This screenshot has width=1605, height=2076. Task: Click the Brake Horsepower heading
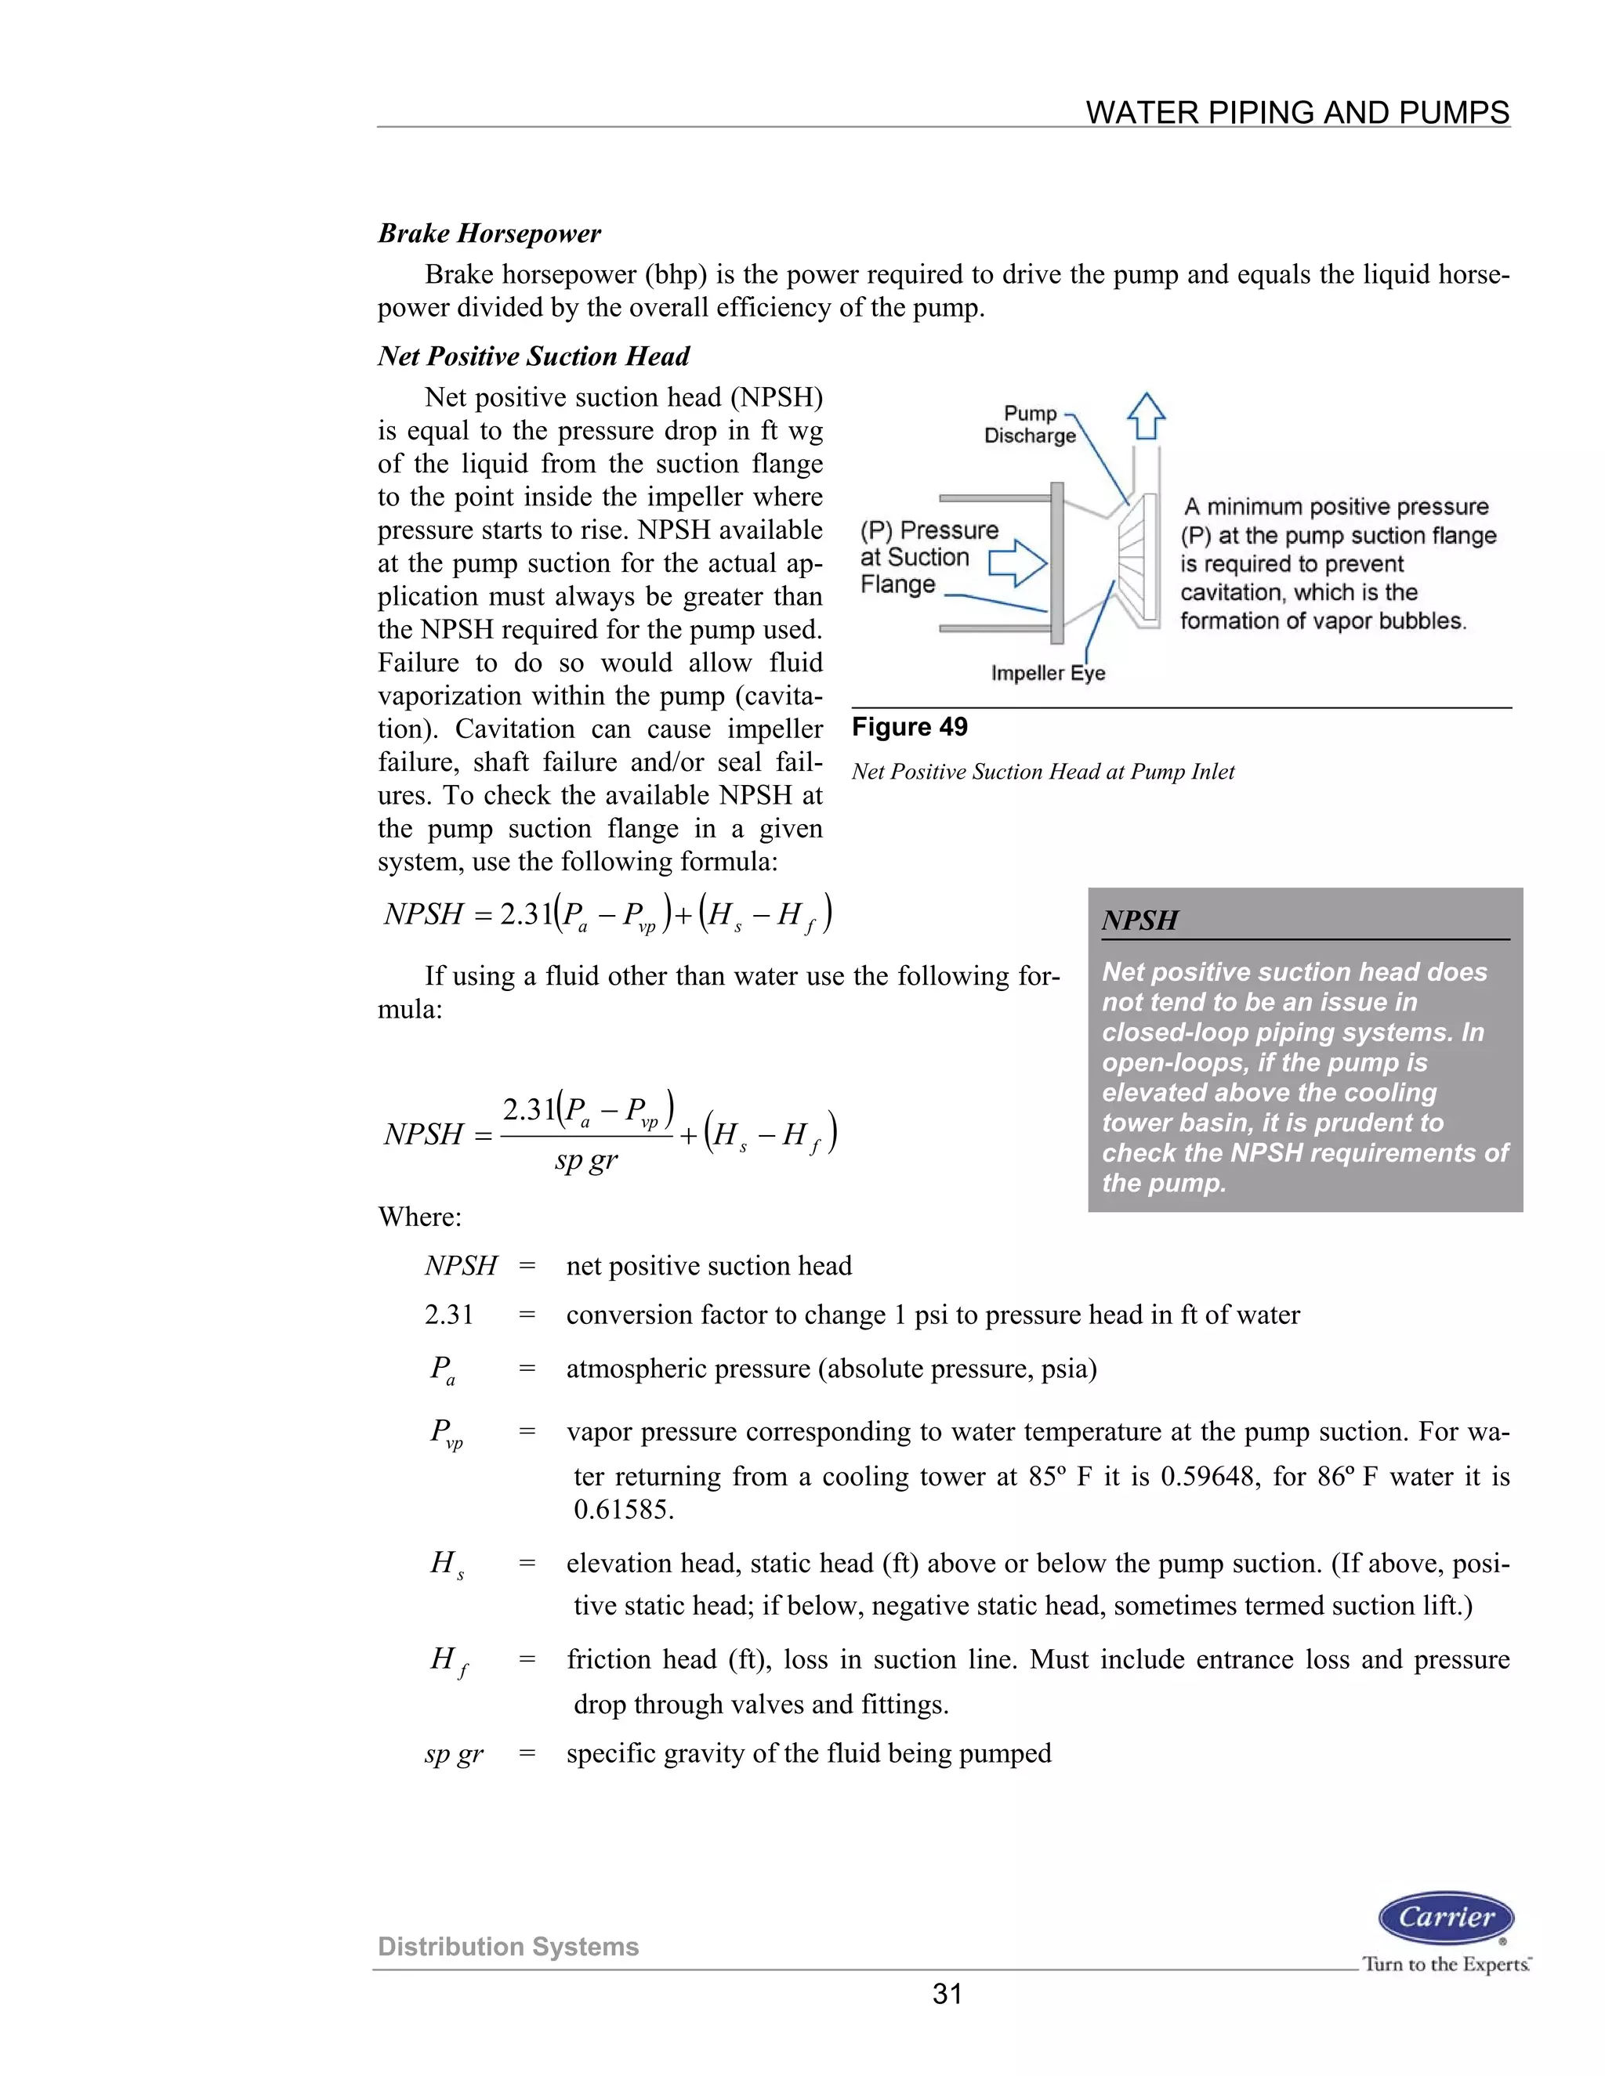pos(489,233)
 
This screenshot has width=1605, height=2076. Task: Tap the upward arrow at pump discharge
pos(1146,416)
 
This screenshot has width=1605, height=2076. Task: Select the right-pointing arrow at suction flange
pos(1018,564)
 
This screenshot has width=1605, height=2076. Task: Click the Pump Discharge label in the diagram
pos(1030,425)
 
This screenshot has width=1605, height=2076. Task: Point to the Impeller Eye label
pos(1048,673)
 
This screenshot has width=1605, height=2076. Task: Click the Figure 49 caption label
pos(909,727)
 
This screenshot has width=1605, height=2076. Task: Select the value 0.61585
pos(623,1510)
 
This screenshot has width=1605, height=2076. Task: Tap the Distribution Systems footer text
pos(508,1947)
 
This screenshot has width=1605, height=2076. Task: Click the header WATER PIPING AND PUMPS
pos(1297,113)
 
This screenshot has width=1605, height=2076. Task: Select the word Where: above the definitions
pos(419,1217)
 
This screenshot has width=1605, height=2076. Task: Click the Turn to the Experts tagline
pos(1445,1964)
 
